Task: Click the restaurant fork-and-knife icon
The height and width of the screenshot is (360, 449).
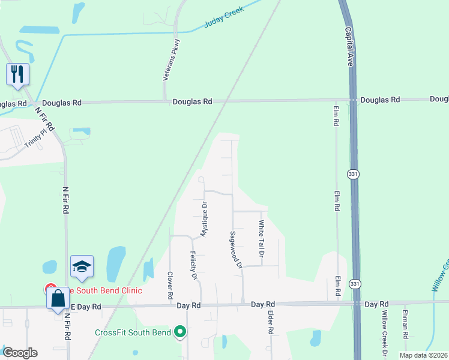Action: coord(17,74)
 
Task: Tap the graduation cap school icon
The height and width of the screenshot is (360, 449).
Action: coord(82,267)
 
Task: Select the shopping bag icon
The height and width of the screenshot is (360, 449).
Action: coord(58,298)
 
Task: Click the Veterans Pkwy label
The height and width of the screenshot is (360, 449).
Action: coord(170,60)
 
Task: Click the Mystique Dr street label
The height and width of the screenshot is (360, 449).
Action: coord(204,218)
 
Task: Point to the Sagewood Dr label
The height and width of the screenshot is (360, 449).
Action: coord(235,250)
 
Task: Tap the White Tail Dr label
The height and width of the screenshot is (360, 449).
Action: coord(261,239)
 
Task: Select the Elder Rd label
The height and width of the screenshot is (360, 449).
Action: coord(271,322)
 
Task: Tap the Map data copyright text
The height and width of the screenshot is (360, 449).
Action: coord(423,355)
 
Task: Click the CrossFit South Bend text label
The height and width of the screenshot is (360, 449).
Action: coord(133,332)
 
